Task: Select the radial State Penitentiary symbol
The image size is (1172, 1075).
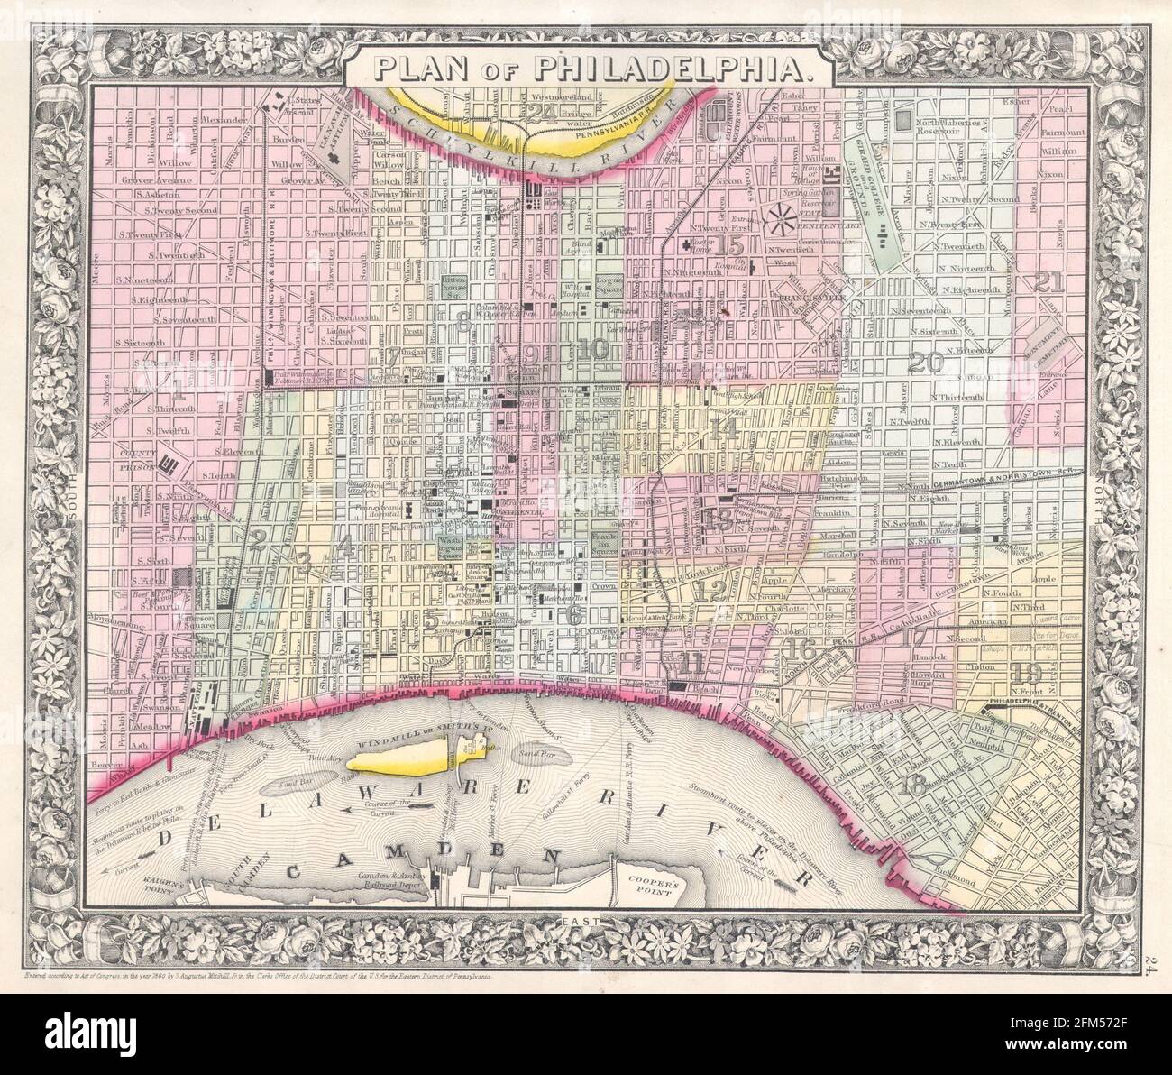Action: [x=779, y=217]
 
